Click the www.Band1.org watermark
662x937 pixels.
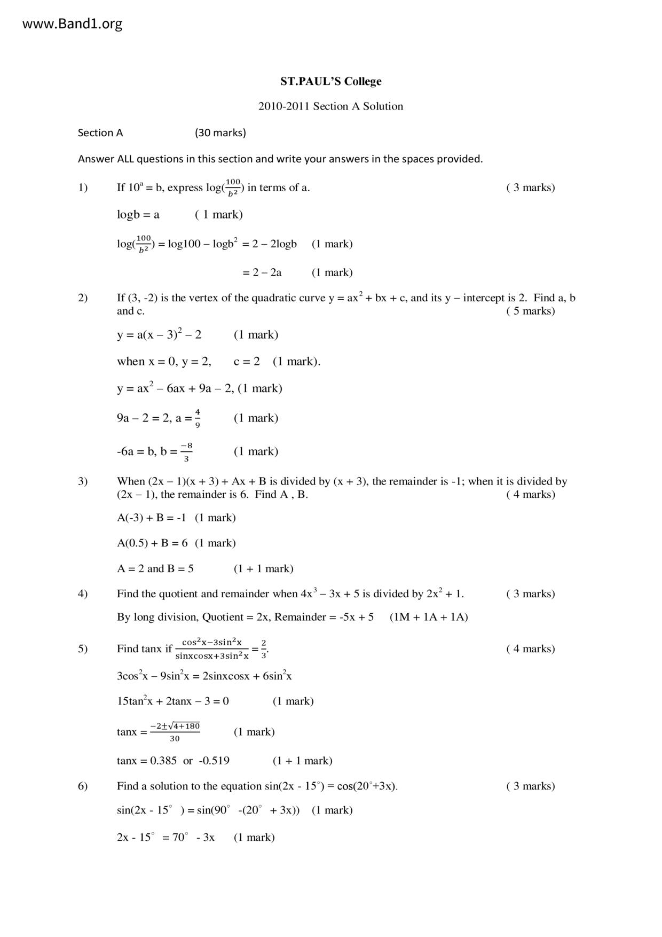click(x=73, y=24)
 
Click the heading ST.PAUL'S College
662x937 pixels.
click(x=330, y=82)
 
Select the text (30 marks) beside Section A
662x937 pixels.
click(x=220, y=133)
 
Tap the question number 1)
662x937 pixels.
click(x=83, y=188)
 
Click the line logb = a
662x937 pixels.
click(x=138, y=215)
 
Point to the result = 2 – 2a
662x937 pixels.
click(x=262, y=272)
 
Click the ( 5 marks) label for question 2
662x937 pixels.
click(x=530, y=311)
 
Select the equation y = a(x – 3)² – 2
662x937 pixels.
click(x=159, y=335)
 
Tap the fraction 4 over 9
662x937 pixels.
click(x=198, y=418)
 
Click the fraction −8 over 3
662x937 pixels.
click(x=186, y=452)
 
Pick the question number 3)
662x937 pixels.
click(x=83, y=481)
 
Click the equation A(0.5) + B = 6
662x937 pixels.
click(x=152, y=543)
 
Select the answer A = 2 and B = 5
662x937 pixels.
click(x=155, y=569)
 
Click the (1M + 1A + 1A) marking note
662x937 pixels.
click(x=429, y=617)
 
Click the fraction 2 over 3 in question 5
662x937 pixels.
click(x=264, y=649)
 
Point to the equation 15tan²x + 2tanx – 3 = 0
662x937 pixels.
click(x=173, y=701)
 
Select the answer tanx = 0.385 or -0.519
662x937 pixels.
click(x=173, y=761)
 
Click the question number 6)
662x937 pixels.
click(x=83, y=786)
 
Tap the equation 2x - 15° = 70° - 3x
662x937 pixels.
click(x=165, y=837)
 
